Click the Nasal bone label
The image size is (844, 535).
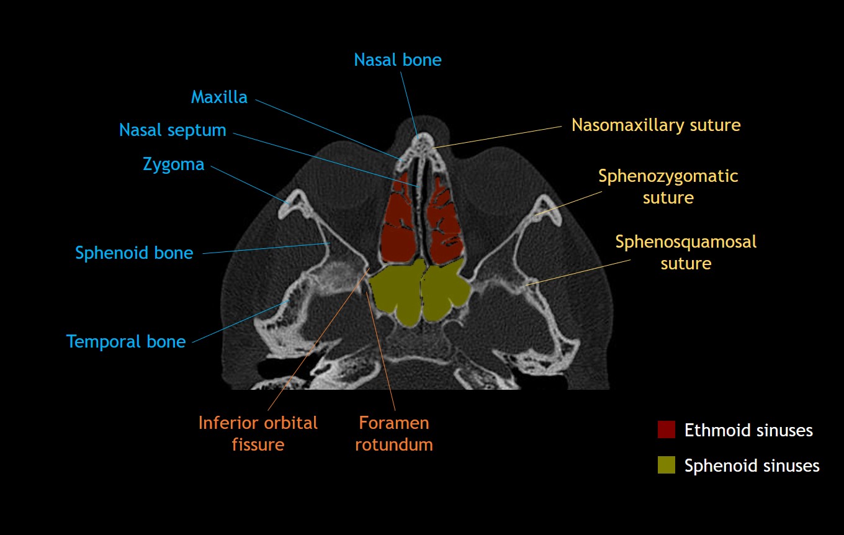(x=397, y=60)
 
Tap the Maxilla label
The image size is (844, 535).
(x=219, y=97)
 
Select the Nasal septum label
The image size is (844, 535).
(x=173, y=130)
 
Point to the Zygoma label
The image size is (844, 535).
(x=173, y=164)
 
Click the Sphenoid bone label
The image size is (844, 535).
(x=134, y=253)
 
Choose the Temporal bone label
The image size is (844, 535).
(x=126, y=342)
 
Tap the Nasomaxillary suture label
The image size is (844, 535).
(x=656, y=125)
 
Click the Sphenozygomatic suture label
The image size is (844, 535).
(x=668, y=187)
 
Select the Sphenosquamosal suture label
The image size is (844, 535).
(x=686, y=253)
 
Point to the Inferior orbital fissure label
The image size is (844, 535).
(x=258, y=434)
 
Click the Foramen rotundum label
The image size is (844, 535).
(x=394, y=434)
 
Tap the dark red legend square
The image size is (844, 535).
(x=666, y=429)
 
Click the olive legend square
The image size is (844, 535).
(x=666, y=465)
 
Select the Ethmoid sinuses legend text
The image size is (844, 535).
(x=748, y=430)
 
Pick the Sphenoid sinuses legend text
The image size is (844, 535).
(x=752, y=465)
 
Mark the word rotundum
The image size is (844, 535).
(x=394, y=445)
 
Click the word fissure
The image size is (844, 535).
(x=258, y=445)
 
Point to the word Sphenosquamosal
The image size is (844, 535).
(x=686, y=241)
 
